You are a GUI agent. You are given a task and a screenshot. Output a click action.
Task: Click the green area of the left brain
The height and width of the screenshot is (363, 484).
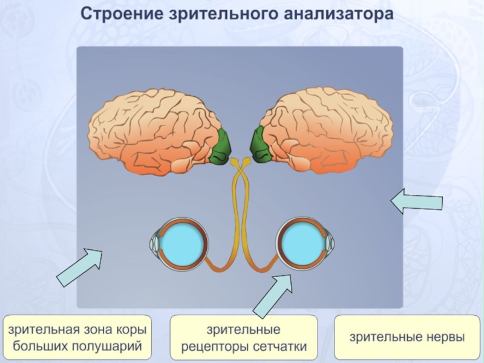pos(221,147)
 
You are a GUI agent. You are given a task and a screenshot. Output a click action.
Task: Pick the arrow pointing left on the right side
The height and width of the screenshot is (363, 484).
pos(417,201)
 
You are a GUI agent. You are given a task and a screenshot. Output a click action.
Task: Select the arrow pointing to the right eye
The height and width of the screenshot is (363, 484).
pos(273,295)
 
